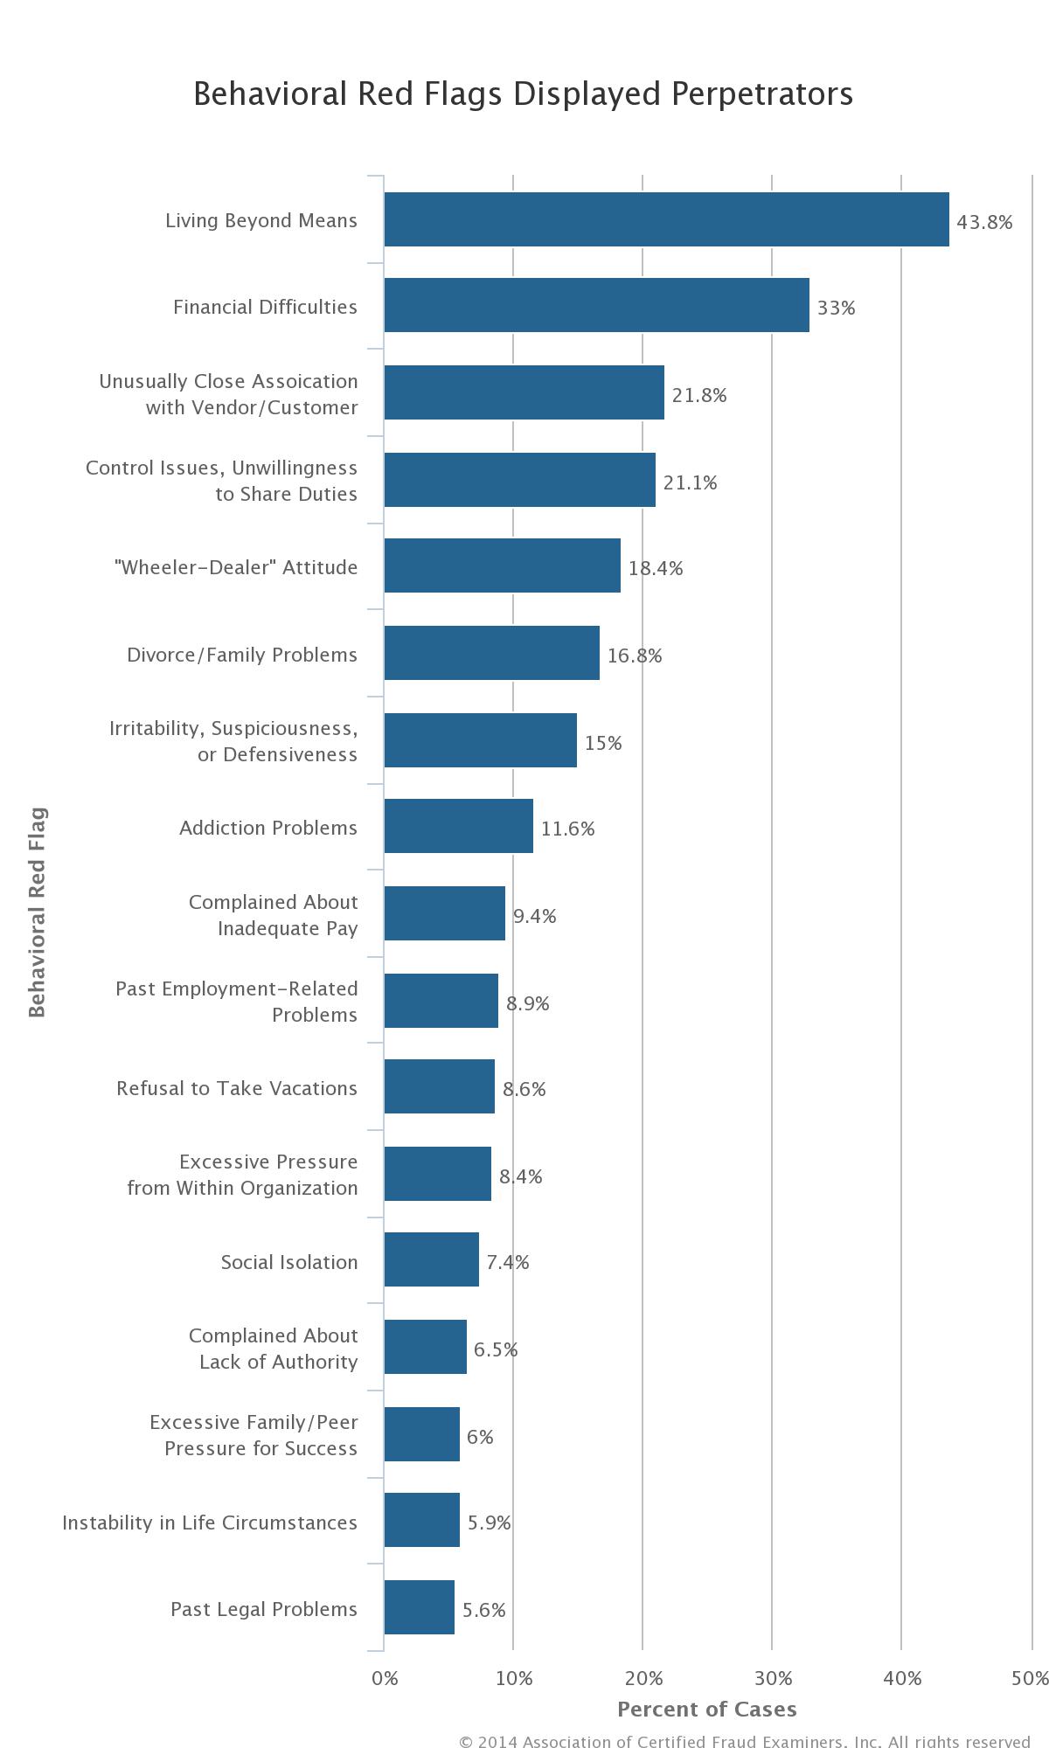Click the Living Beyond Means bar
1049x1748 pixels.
(666, 219)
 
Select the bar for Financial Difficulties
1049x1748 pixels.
(596, 305)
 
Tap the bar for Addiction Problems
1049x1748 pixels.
(458, 826)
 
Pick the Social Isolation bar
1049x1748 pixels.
(431, 1259)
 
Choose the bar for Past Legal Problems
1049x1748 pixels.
(419, 1607)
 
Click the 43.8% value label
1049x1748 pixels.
(984, 222)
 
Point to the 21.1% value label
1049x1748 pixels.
(690, 482)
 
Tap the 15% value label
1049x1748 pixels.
(603, 743)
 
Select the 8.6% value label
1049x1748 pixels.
(524, 1089)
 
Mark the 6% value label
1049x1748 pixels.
(480, 1437)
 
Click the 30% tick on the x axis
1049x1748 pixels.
(773, 1678)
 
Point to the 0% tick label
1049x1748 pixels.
(385, 1678)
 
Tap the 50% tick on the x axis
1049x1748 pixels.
(1030, 1678)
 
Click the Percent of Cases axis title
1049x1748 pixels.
(706, 1710)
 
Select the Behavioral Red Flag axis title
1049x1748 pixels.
(37, 912)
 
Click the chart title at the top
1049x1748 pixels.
(523, 94)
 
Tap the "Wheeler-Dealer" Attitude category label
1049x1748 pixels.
(236, 567)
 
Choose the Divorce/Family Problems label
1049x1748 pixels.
(242, 655)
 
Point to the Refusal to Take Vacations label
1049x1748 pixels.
(237, 1088)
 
